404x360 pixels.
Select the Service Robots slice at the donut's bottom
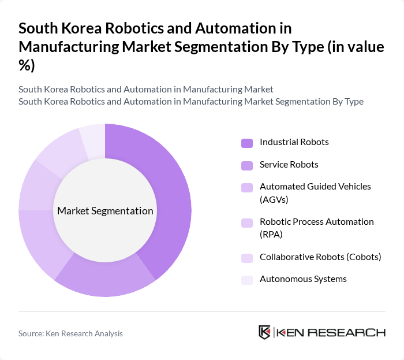(107, 280)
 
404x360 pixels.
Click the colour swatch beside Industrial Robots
(246, 143)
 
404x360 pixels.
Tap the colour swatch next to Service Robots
(246, 165)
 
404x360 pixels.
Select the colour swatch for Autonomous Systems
(246, 280)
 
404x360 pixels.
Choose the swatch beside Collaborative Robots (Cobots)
(246, 258)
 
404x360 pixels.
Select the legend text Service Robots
(289, 165)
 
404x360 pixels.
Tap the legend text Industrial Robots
(294, 142)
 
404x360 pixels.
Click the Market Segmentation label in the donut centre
(105, 211)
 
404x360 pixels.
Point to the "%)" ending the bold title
(27, 66)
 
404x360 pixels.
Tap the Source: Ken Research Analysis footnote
(70, 333)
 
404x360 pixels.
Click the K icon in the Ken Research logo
(265, 333)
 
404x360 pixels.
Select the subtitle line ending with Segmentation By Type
(190, 102)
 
